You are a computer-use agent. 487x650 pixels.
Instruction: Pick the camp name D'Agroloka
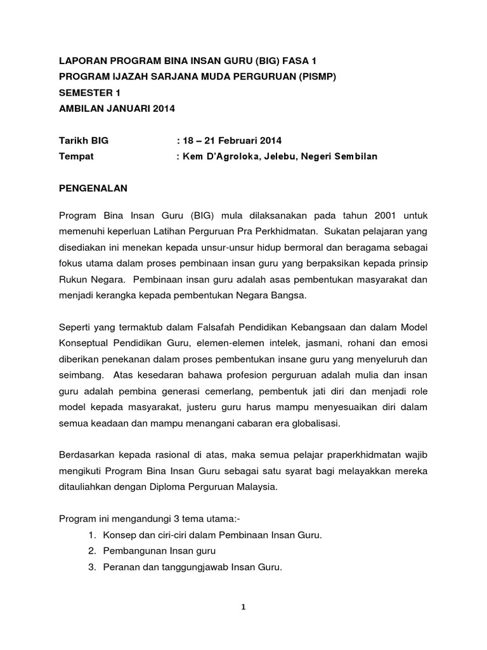click(x=238, y=156)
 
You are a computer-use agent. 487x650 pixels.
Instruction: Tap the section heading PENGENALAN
click(x=93, y=189)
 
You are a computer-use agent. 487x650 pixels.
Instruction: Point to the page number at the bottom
click(x=243, y=607)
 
